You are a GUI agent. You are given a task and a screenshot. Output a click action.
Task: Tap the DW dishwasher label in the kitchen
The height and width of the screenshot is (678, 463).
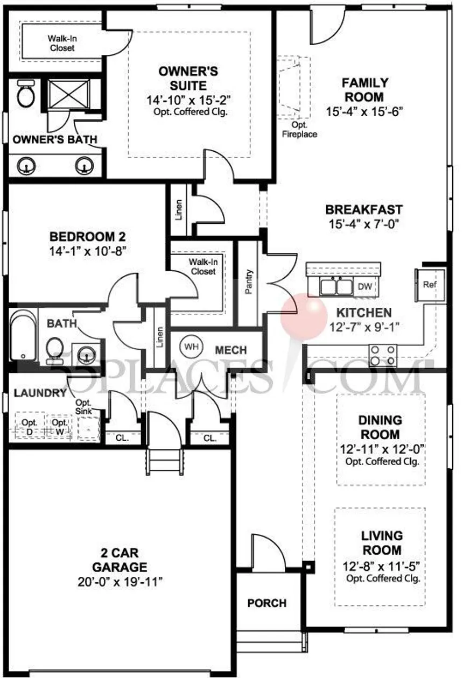(364, 286)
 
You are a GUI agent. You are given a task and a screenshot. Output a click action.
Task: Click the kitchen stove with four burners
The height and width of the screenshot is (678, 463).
(383, 355)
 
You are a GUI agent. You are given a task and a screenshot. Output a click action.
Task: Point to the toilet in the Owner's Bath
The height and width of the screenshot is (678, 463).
(25, 94)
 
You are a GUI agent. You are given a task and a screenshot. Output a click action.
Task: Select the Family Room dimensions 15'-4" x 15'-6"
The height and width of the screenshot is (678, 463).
(365, 111)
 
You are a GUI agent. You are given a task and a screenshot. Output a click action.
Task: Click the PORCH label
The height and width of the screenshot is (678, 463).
(267, 603)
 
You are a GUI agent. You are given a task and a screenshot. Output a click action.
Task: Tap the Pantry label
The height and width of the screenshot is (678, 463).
(249, 281)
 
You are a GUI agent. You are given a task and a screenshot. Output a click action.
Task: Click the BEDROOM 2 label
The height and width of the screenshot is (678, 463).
(88, 236)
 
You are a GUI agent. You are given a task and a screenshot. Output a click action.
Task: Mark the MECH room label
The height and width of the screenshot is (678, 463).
(231, 350)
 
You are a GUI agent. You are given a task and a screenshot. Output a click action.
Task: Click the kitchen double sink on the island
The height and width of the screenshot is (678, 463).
(336, 287)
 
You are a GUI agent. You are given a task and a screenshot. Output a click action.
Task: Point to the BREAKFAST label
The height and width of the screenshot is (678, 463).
(364, 209)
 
